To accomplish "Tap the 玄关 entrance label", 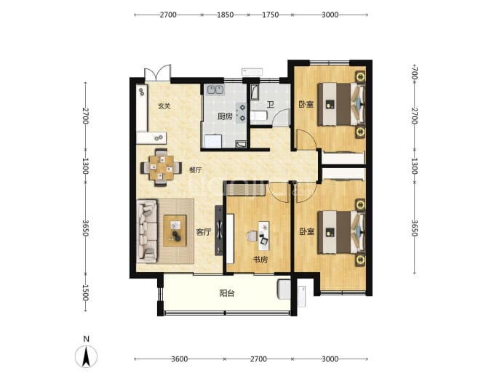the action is tap(164, 106).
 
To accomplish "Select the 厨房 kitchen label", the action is tap(225, 116).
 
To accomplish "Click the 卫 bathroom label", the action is tap(271, 104).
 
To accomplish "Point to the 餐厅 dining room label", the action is tap(195, 170).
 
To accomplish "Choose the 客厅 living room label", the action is tap(204, 232).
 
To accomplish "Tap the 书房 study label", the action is tap(260, 260).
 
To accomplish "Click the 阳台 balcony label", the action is tap(227, 293).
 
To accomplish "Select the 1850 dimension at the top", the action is tap(225, 15).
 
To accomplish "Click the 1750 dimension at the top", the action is tap(270, 15).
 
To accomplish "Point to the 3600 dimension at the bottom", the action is tap(179, 359).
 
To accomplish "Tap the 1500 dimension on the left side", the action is tap(85, 293).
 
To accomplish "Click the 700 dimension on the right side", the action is tap(415, 73).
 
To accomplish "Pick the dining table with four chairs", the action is tap(162, 167).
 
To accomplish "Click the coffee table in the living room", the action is tap(175, 231).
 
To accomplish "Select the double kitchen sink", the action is tap(215, 89).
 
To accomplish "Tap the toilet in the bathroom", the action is tap(258, 116).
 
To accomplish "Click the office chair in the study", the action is tap(252, 236).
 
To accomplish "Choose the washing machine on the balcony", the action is tap(284, 289).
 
